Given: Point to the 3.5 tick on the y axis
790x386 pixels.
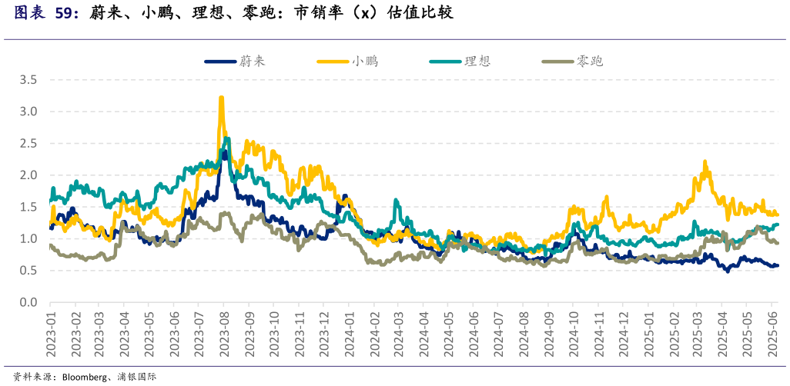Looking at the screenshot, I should pyautogui.click(x=28, y=80).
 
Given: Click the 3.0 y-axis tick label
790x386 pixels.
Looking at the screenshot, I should pyautogui.click(x=28, y=111).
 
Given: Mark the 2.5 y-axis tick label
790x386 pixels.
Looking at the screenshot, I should pyautogui.click(x=28, y=144).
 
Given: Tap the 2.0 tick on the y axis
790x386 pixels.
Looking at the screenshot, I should pyautogui.click(x=28, y=175).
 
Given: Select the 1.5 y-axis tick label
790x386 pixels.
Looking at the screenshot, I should pyautogui.click(x=28, y=208).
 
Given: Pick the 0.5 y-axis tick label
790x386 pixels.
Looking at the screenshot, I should pyautogui.click(x=28, y=271).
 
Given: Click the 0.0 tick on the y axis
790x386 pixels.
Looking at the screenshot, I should pyautogui.click(x=28, y=303).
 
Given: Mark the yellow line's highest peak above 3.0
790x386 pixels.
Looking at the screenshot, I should pyautogui.click(x=222, y=97).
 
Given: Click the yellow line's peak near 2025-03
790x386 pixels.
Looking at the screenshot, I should pyautogui.click(x=705, y=161).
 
